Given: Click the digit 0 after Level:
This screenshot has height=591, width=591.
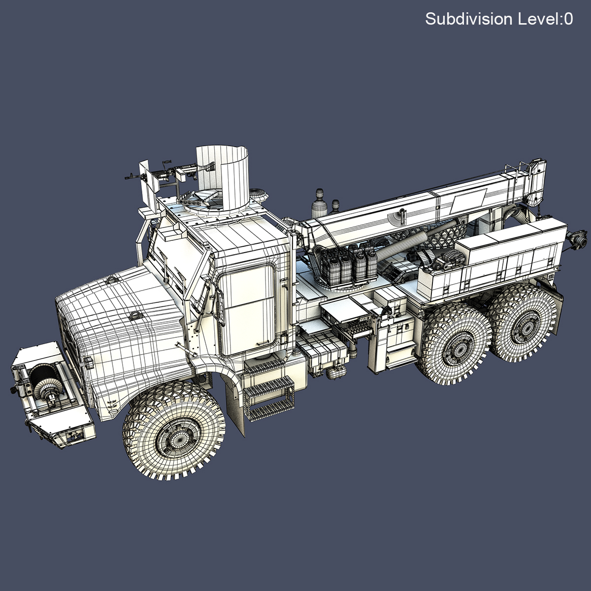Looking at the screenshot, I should (568, 19).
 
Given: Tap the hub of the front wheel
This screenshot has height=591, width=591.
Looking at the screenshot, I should (174, 432).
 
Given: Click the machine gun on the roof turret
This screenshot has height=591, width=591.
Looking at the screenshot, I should (163, 172).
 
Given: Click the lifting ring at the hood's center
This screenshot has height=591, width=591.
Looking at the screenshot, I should (133, 316).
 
